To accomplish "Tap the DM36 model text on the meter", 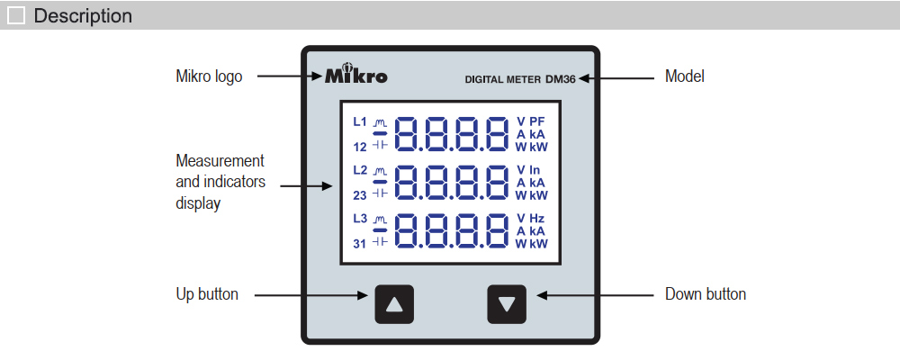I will pyautogui.click(x=560, y=78).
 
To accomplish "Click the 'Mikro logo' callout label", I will pyautogui.click(x=209, y=76).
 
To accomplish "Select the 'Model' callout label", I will pyautogui.click(x=684, y=76).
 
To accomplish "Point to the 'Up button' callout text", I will pyautogui.click(x=207, y=294).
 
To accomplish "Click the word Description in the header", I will pyautogui.click(x=83, y=16).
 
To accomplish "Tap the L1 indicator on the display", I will pyautogui.click(x=360, y=121).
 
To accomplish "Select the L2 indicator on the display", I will pyautogui.click(x=360, y=170).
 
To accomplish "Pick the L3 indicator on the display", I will pyautogui.click(x=360, y=219).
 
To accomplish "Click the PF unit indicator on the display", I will pyautogui.click(x=537, y=121).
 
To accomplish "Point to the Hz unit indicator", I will pyautogui.click(x=537, y=219).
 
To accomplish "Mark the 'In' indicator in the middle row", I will pyautogui.click(x=535, y=170).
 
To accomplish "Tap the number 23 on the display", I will pyautogui.click(x=359, y=194).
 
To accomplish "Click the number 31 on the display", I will pyautogui.click(x=359, y=243).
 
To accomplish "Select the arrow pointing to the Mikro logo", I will pyautogui.click(x=286, y=76).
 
